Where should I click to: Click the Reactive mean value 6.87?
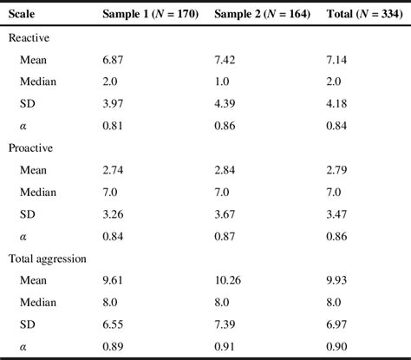(x=114, y=60)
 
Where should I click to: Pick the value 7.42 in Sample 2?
(x=225, y=60)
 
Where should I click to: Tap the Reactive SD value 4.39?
(x=225, y=104)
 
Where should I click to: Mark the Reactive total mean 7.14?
(x=334, y=60)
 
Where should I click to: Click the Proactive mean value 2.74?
(x=114, y=169)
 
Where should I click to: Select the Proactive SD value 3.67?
(x=225, y=213)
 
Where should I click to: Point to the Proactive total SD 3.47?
(x=334, y=213)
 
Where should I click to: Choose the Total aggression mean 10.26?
(x=227, y=279)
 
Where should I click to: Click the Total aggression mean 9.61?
(x=114, y=279)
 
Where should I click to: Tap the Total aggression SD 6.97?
(x=334, y=323)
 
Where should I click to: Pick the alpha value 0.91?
(x=225, y=344)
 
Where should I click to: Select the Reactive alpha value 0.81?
(x=114, y=126)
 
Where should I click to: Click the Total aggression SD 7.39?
(x=225, y=323)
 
